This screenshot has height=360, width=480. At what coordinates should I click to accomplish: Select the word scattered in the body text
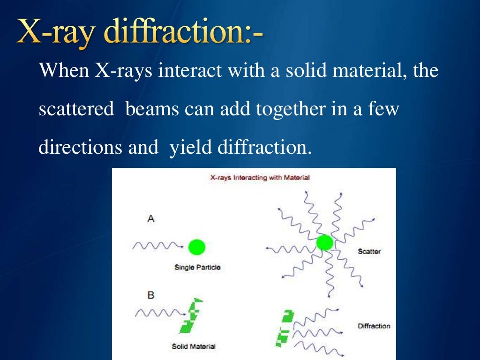coord(76,109)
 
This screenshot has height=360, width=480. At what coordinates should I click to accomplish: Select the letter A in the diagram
coord(151,219)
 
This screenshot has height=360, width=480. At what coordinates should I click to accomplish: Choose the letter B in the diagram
coord(151,295)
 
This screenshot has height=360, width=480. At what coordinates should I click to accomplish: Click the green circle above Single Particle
coord(196,247)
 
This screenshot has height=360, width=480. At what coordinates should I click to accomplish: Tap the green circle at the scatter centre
coord(324,242)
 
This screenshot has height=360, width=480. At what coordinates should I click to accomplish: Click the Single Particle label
coord(197,268)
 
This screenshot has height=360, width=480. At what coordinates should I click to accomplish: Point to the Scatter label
coord(369,252)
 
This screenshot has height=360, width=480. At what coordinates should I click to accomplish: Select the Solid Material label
coord(194,346)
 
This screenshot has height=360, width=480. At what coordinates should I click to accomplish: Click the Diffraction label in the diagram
coord(374,326)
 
